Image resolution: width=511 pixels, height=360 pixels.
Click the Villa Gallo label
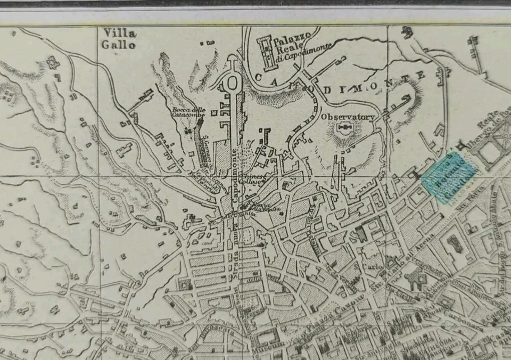[x=119, y=39]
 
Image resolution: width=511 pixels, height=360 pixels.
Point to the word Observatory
[x=348, y=117]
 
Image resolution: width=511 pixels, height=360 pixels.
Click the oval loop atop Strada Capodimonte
[x=233, y=83]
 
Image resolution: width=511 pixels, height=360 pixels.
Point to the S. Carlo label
[x=362, y=265]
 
